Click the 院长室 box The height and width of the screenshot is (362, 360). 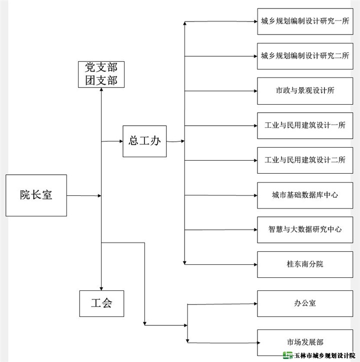(36, 195)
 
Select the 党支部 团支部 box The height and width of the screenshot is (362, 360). (101, 74)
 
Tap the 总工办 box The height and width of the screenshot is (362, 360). (144, 141)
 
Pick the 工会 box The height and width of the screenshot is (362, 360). (101, 303)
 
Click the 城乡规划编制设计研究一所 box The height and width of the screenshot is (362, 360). (304, 21)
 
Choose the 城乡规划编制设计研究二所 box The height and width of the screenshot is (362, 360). (304, 56)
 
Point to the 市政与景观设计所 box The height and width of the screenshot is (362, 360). (304, 91)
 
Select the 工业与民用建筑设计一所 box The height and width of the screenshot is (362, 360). (304, 125)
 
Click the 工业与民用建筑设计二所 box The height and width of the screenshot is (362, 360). (304, 160)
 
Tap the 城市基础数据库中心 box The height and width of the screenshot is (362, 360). (304, 195)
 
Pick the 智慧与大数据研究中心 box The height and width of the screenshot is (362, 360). (304, 229)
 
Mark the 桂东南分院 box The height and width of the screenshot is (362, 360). (304, 264)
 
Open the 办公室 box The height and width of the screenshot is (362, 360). (304, 303)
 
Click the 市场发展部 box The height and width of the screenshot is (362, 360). (304, 342)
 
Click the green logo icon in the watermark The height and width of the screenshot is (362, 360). (287, 355)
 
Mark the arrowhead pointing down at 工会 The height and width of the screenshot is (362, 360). (101, 288)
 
